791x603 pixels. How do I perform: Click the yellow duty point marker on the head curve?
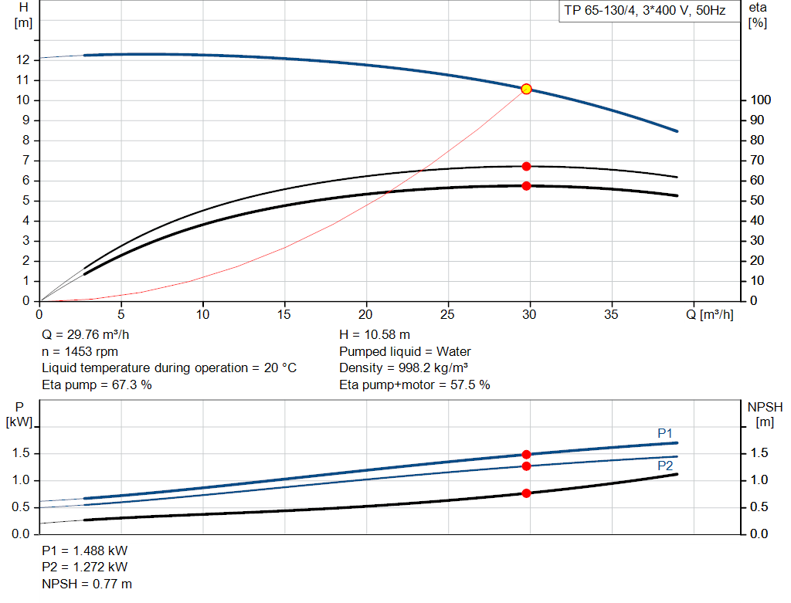(x=526, y=89)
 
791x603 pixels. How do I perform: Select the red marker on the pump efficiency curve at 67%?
(x=526, y=166)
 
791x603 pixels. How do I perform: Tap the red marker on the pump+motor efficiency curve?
(x=526, y=185)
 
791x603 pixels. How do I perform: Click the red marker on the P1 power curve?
(x=526, y=455)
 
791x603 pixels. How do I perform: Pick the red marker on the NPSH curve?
(x=526, y=493)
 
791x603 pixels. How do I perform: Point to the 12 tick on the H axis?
(x=23, y=60)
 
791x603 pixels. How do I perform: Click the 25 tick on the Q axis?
(x=448, y=314)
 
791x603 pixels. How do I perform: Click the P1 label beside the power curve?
(x=665, y=433)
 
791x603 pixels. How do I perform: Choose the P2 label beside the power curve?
(x=665, y=466)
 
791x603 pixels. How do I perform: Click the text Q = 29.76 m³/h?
(x=87, y=335)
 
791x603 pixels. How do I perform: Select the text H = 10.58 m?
(x=375, y=335)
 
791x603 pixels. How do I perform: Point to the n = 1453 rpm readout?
(x=80, y=351)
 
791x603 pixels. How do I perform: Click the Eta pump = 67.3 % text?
(x=97, y=384)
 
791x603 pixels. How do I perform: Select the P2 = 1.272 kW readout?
(x=85, y=567)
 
